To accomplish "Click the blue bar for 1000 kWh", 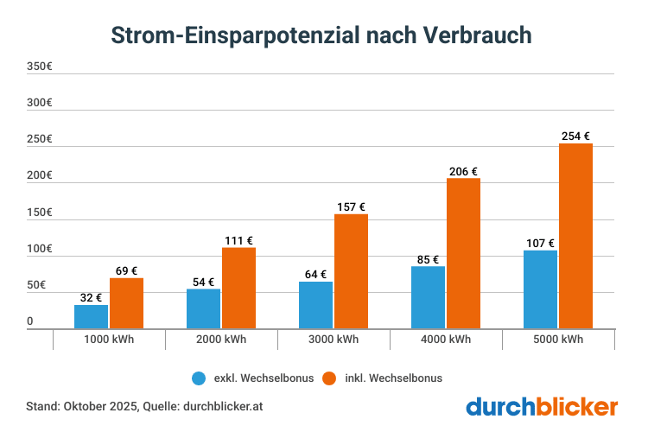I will (92, 317).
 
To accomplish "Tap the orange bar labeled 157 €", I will (351, 271).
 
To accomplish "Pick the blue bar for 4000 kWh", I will (429, 297).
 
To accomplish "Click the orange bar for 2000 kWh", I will (238, 288).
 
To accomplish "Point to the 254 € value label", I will (575, 136).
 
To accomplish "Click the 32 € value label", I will (91, 297).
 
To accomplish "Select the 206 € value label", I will (463, 171).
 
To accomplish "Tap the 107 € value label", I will (540, 243).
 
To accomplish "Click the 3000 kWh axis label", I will (334, 340).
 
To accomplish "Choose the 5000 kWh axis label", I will (558, 340).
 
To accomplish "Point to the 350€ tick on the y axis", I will (40, 67).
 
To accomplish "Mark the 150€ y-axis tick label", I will (40, 213).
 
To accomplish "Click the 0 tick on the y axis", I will (30, 321).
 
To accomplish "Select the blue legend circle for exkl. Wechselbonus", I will (199, 378).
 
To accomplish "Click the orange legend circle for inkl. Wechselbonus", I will (328, 378).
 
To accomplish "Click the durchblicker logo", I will (542, 406).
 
